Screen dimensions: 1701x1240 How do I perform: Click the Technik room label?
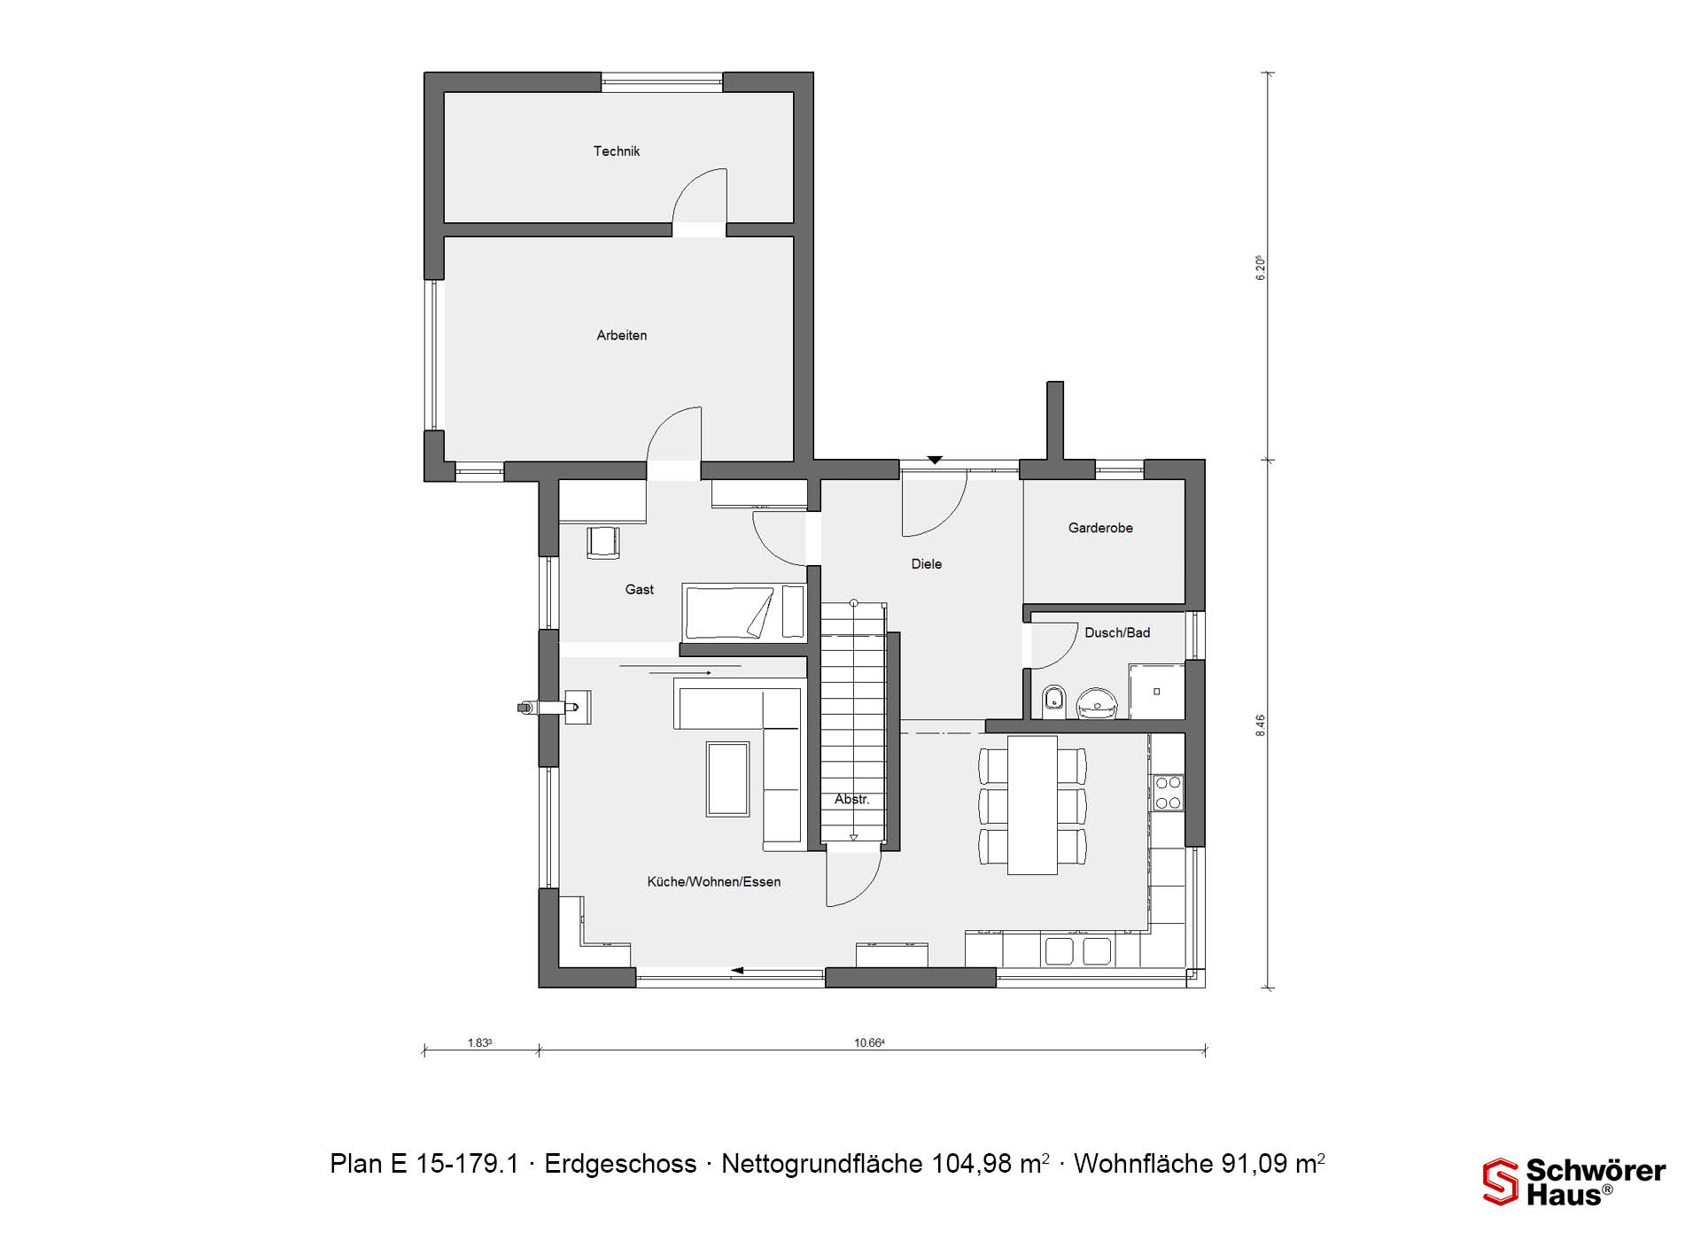tap(617, 151)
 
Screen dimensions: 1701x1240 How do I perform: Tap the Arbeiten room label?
tap(622, 336)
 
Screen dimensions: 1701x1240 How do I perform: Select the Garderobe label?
tap(1100, 528)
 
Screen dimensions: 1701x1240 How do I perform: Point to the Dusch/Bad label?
tap(1117, 632)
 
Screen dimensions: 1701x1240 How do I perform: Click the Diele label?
tap(927, 564)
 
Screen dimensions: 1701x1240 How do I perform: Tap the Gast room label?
tap(640, 590)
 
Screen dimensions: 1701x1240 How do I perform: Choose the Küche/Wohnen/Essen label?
tap(714, 882)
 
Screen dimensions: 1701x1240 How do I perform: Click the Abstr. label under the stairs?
tap(852, 800)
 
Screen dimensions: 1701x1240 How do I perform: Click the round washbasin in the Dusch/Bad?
tap(1098, 703)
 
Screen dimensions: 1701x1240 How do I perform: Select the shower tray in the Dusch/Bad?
tap(1156, 691)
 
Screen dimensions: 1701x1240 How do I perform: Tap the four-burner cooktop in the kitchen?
tap(1168, 792)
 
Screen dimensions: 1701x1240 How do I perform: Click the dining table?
tap(1032, 805)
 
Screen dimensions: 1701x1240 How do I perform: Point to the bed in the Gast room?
tap(742, 611)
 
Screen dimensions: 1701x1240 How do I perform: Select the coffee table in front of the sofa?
tap(727, 779)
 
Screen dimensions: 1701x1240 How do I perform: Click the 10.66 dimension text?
tap(869, 1043)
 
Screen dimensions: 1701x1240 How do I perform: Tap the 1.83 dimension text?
tap(479, 1043)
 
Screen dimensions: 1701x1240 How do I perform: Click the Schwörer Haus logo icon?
tap(1501, 1182)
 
